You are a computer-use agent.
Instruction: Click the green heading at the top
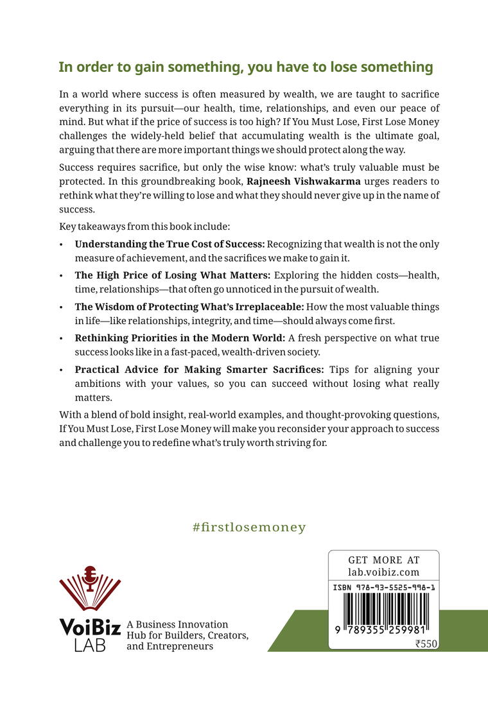pos(245,67)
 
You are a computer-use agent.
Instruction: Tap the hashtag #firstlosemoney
pos(249,527)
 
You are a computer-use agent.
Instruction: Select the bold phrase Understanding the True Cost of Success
pos(170,244)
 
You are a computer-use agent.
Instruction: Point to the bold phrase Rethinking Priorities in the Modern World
pos(180,338)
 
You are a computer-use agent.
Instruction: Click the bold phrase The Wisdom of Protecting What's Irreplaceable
pos(189,307)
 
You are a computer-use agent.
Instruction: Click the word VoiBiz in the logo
pos(90,627)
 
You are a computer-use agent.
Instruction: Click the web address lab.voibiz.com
pos(383,572)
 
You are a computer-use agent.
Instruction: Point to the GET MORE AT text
pos(383,560)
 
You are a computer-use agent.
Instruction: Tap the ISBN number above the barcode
pos(383,587)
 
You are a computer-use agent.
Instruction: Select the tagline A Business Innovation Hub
pos(187,635)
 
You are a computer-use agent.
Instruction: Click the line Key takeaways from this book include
pos(144,227)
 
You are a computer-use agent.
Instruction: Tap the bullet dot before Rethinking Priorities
pos(61,338)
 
